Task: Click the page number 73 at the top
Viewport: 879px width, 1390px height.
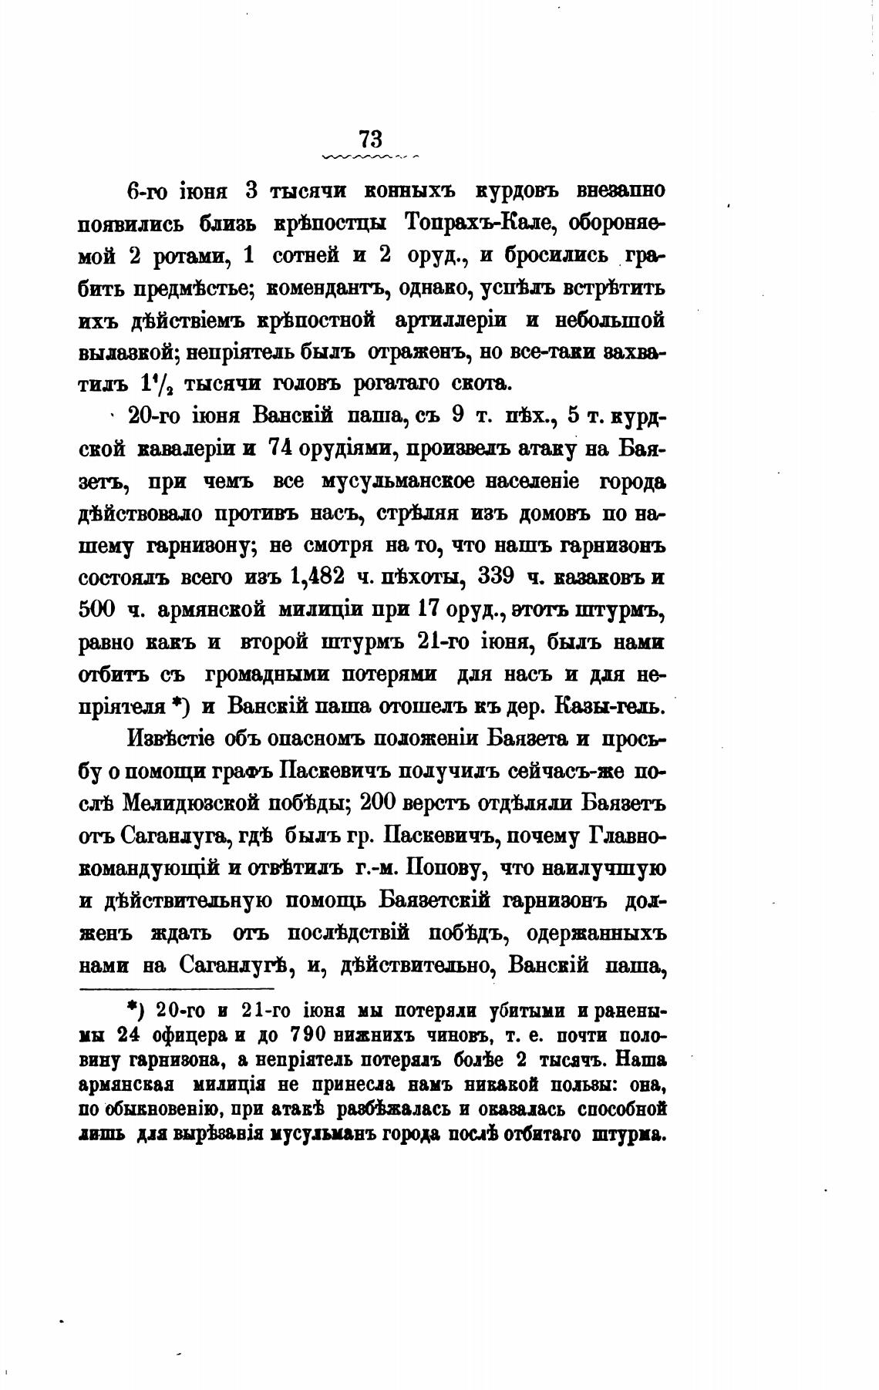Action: coord(370,139)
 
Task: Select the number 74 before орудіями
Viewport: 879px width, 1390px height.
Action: coord(282,449)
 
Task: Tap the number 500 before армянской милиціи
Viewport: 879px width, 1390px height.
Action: coord(97,609)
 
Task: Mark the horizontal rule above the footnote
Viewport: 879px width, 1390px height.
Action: coord(177,988)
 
